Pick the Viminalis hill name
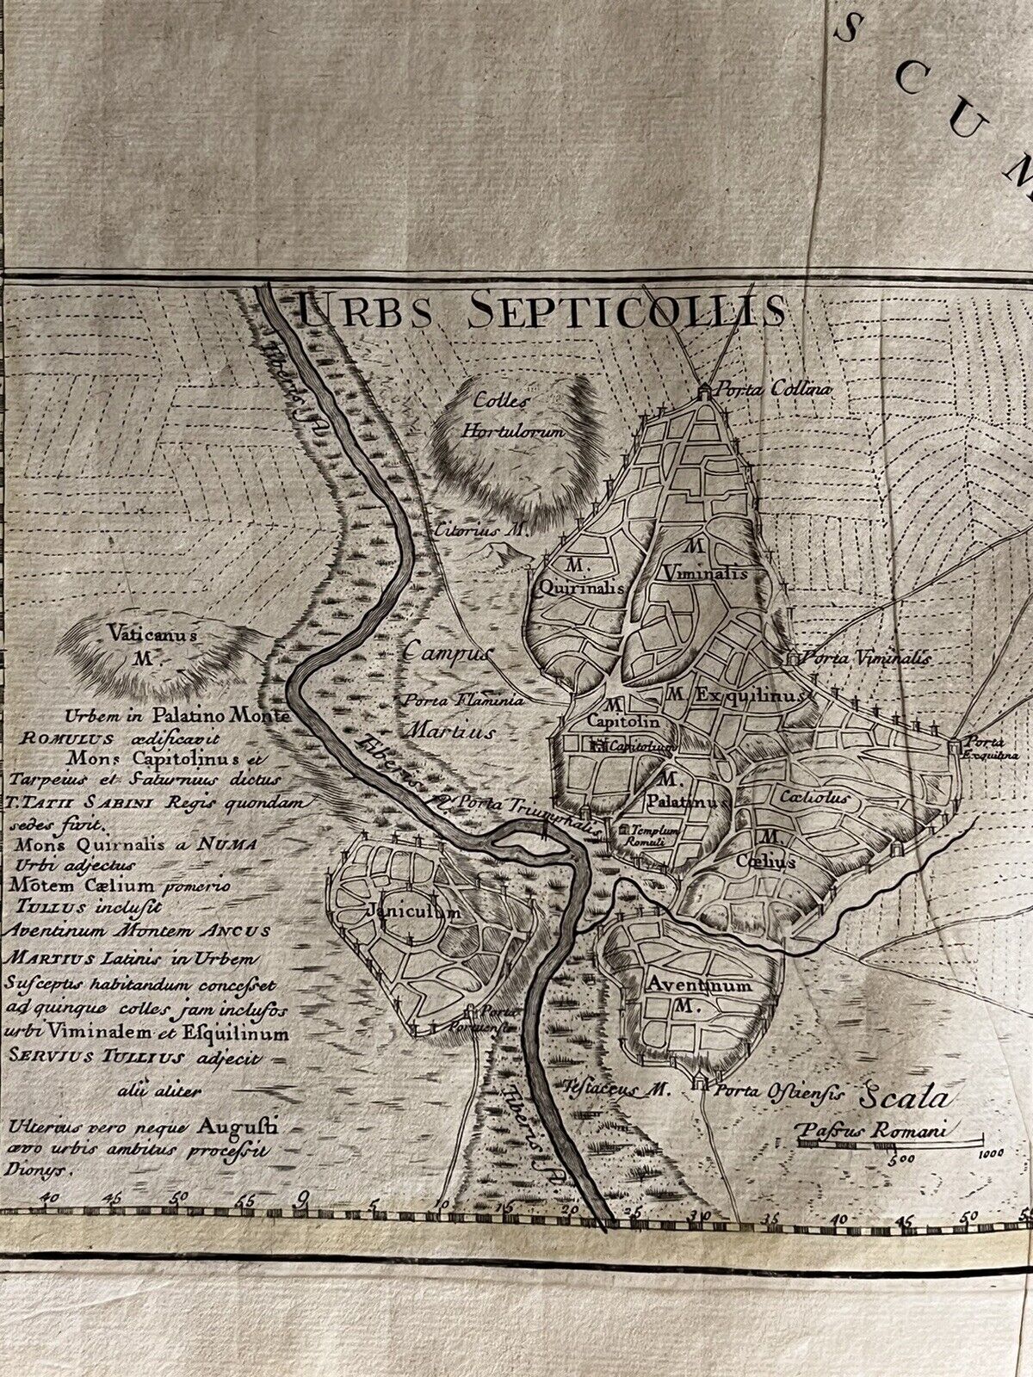point(705,572)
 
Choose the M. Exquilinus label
point(738,693)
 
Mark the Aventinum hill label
point(690,987)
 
